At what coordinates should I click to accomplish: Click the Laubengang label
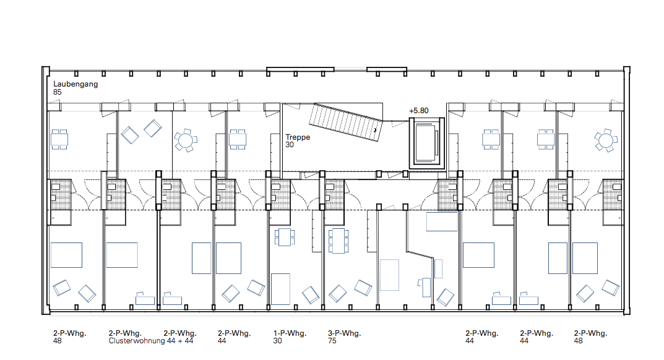tap(75, 84)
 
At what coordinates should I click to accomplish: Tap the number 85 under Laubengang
tap(57, 92)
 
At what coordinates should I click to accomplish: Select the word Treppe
tap(298, 137)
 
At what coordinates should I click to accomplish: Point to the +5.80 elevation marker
tap(419, 111)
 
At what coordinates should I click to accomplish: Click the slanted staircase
tap(346, 122)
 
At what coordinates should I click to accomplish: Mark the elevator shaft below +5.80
tap(427, 143)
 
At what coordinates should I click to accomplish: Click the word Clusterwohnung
tap(137, 341)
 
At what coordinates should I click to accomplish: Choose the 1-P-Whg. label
tap(290, 333)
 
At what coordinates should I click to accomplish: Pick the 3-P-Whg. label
tap(344, 333)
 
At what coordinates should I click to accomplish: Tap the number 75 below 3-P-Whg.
tap(332, 341)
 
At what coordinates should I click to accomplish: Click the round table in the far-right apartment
tap(606, 140)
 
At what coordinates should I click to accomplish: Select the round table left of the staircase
tap(186, 140)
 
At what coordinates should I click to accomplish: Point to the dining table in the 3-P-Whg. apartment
tap(338, 241)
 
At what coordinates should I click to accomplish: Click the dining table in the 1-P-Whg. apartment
tap(285, 237)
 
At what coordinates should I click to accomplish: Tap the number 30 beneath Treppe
tap(290, 145)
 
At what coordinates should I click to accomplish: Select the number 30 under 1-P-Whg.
tap(277, 341)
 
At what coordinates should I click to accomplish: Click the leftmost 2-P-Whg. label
tap(70, 333)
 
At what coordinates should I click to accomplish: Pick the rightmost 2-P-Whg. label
tap(591, 333)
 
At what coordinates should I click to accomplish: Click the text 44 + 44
tap(180, 341)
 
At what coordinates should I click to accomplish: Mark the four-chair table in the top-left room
tap(59, 139)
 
